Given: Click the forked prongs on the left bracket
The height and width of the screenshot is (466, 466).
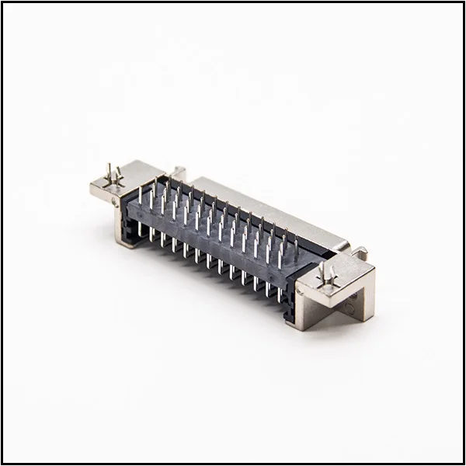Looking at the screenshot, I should pos(113,176).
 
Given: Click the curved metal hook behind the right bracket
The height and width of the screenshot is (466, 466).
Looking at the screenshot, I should pos(360,252).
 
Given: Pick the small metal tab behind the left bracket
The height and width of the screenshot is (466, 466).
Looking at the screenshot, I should pos(179,172).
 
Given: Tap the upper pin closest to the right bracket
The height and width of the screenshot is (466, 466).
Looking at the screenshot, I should pos(296,247).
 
